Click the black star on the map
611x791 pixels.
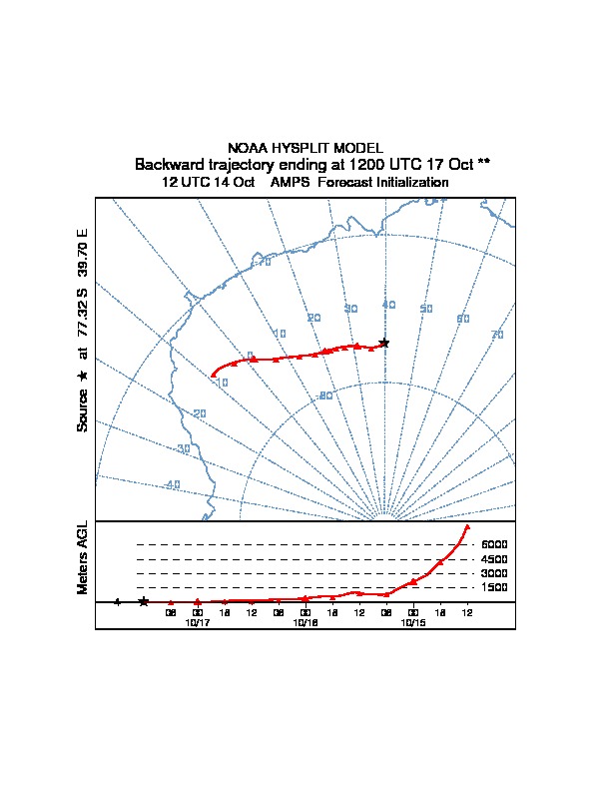coord(384,343)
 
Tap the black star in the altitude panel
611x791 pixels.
coord(144,601)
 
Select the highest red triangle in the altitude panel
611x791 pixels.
coord(467,526)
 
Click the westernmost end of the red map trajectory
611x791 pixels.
coord(214,375)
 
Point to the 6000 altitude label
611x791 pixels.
coord(494,544)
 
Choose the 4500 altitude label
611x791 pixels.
coord(494,559)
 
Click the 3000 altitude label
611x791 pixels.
coord(494,573)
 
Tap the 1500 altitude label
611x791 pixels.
coord(494,587)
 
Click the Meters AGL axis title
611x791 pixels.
coord(83,557)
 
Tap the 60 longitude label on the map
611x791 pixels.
coord(463,319)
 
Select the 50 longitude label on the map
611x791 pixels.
coord(426,309)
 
